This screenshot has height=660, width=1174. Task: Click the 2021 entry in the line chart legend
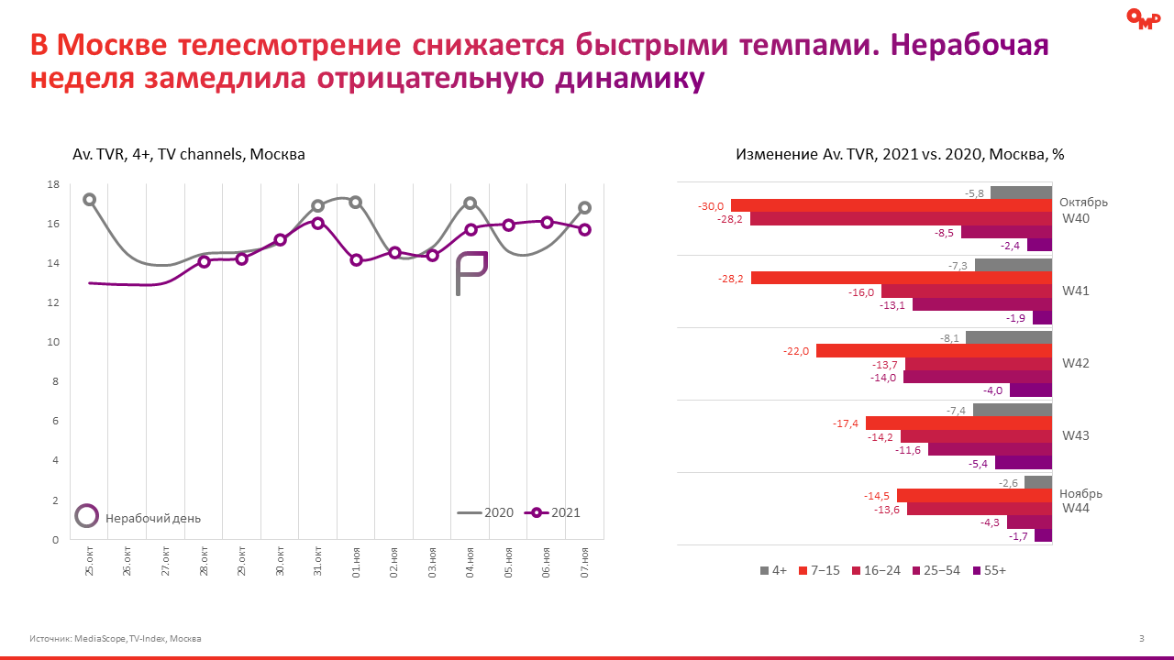(x=553, y=513)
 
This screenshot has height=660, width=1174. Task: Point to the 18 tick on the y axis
(x=52, y=184)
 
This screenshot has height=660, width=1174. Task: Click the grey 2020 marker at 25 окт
(x=89, y=200)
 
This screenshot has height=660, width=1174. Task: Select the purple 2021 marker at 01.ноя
(x=356, y=260)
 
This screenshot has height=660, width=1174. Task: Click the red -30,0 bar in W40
(x=891, y=206)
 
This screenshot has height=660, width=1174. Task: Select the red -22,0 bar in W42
(x=934, y=350)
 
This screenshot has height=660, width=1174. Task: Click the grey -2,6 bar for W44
(x=1038, y=482)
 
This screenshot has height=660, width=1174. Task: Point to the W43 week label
(x=1075, y=435)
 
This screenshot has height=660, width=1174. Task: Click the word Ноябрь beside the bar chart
(x=1080, y=493)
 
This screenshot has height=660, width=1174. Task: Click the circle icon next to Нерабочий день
(x=86, y=516)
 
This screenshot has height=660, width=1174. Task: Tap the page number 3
(x=1141, y=638)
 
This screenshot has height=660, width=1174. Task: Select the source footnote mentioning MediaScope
(x=116, y=638)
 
